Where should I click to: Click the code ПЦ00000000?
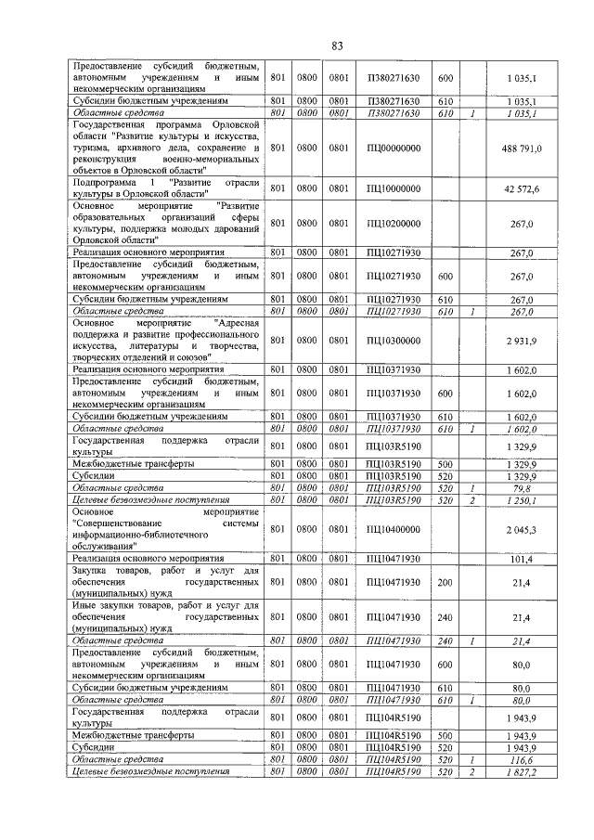[x=394, y=149]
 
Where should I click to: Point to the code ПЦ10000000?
[x=394, y=189]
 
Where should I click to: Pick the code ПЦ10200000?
[x=394, y=224]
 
